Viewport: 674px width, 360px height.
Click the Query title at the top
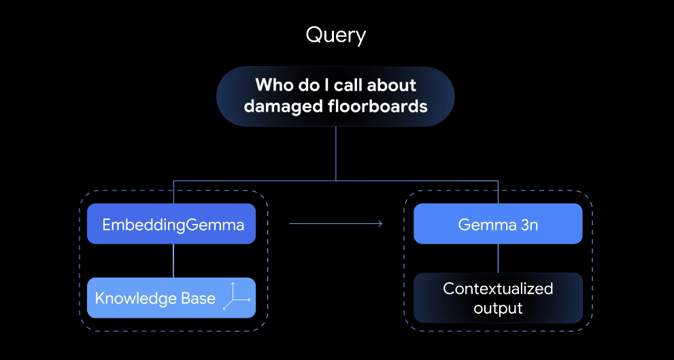(x=336, y=35)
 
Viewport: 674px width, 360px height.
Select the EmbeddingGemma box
(x=173, y=224)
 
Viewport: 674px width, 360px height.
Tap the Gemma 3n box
(x=498, y=224)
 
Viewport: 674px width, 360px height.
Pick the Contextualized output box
(x=498, y=298)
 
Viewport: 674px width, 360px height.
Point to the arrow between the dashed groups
(x=336, y=223)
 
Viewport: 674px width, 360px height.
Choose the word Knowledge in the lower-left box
(x=134, y=298)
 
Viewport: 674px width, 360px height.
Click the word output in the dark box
(x=498, y=308)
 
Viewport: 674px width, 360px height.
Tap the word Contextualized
(x=498, y=289)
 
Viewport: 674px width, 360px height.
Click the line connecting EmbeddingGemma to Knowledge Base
(x=173, y=260)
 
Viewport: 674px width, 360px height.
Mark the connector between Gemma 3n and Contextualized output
(x=498, y=258)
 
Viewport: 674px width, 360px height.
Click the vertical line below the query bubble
(x=336, y=153)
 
